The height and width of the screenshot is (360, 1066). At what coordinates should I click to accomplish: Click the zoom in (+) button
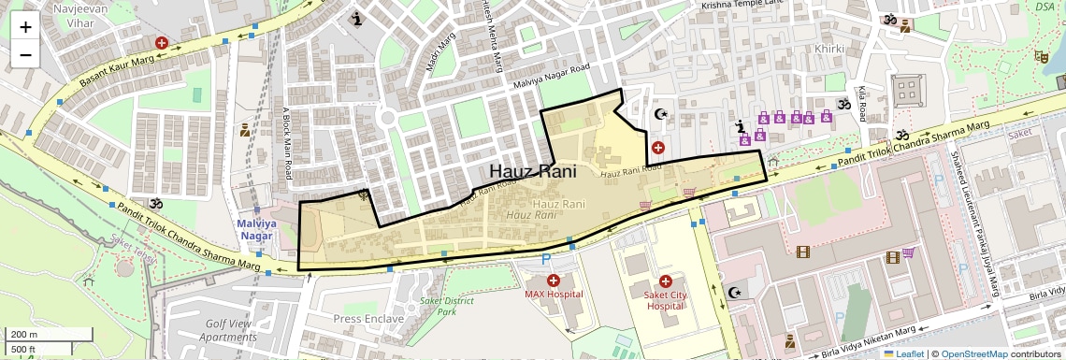(25, 27)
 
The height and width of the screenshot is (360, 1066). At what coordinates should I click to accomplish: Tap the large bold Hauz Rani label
(532, 172)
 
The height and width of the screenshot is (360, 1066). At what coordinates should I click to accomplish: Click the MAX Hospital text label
(553, 295)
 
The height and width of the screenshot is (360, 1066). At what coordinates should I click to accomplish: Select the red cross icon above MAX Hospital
(553, 281)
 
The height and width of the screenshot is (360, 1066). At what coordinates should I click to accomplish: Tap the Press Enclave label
(368, 319)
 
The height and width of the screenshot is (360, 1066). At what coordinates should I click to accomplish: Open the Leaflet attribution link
(902, 353)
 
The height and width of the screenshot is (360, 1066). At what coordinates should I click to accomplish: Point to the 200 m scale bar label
(24, 335)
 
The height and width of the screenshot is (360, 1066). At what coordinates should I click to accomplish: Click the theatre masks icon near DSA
(1039, 56)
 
